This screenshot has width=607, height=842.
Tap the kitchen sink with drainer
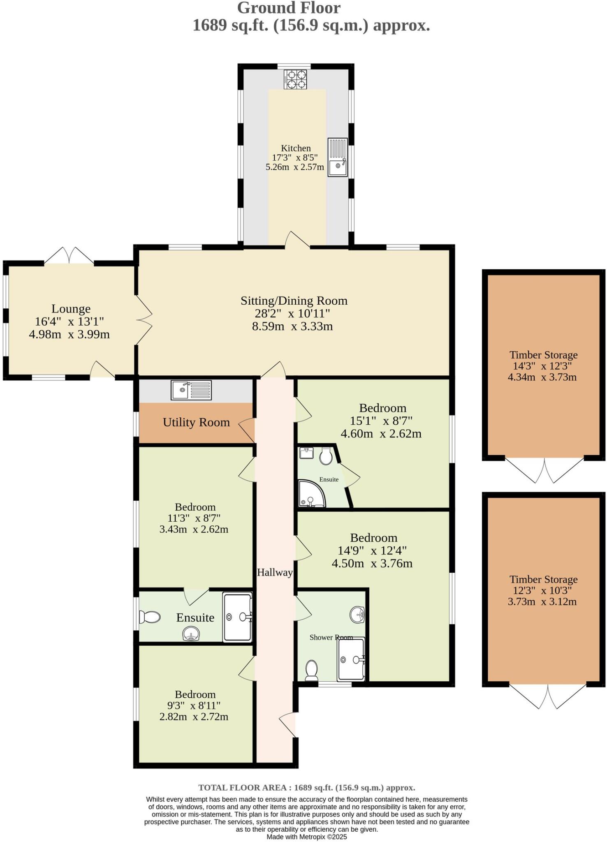click(338, 157)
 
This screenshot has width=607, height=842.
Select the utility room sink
click(191, 390)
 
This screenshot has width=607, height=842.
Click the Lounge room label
click(71, 309)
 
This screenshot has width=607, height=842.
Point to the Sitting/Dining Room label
click(294, 301)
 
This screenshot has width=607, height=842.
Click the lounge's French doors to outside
click(69, 256)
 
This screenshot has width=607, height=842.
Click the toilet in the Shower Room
click(311, 671)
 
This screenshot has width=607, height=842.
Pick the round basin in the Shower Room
click(357, 615)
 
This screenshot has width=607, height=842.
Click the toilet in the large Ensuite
click(150, 617)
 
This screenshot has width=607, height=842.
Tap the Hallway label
click(275, 572)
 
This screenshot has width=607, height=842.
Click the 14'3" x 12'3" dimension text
click(543, 366)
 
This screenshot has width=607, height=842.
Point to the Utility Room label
click(196, 422)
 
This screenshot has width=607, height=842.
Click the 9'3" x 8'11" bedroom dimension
click(195, 706)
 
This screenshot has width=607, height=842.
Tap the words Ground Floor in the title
click(289, 8)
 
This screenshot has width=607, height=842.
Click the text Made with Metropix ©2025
click(307, 837)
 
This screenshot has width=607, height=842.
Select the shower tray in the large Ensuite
click(237, 617)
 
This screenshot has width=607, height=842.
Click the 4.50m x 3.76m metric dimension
click(372, 563)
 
